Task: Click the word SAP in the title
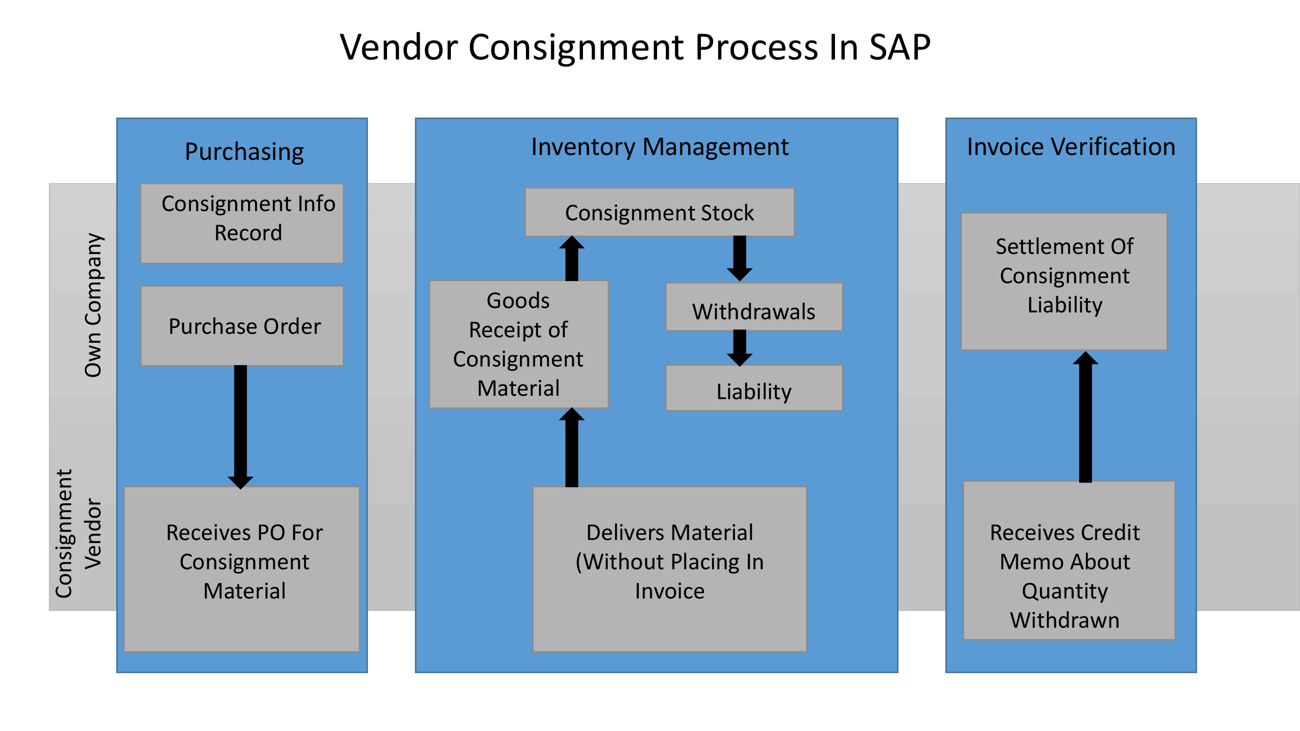[899, 47]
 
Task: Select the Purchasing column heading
[244, 152]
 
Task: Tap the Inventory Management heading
[660, 147]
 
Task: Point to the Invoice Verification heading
[1070, 147]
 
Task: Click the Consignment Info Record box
[242, 224]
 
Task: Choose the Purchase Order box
[242, 326]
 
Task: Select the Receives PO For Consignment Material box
[242, 569]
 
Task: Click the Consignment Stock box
[659, 212]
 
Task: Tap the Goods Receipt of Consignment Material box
[519, 344]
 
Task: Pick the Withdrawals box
[754, 307]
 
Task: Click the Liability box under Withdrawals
[754, 388]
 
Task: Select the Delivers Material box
[669, 569]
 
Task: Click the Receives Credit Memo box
[1069, 560]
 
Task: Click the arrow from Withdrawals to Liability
[739, 347]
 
